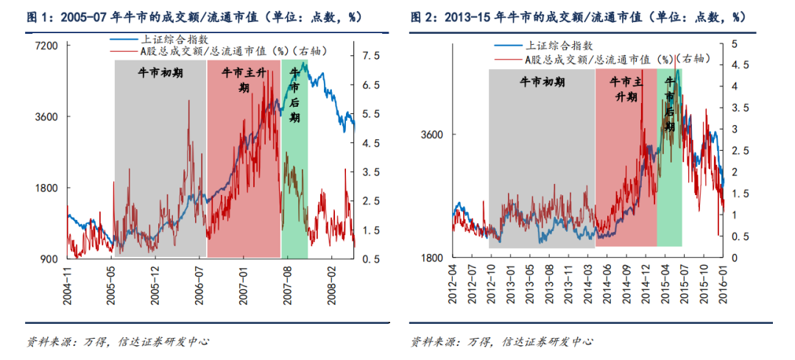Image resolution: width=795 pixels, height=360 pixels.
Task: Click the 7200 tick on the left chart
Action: tap(47, 46)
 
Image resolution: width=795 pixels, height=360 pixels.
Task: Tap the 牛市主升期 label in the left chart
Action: tap(244, 80)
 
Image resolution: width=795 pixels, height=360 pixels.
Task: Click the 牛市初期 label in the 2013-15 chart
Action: tap(542, 81)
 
